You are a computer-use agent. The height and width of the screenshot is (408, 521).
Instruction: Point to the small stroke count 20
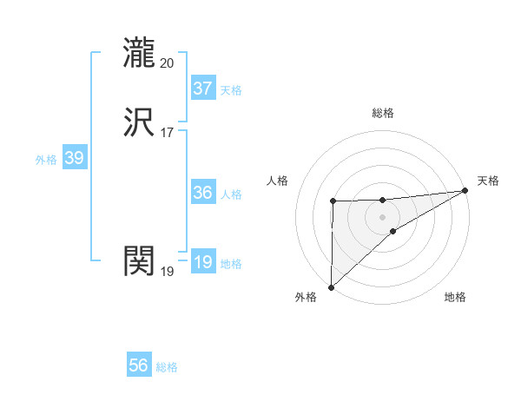point(168,63)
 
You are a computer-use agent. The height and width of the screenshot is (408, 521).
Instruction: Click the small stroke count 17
point(168,133)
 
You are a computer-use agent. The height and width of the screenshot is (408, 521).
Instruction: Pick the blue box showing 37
point(203,89)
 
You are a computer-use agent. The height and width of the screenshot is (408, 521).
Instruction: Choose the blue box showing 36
point(203,193)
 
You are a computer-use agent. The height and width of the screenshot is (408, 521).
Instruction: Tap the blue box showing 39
point(74,158)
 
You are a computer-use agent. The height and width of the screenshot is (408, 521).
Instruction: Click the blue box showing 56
point(139,365)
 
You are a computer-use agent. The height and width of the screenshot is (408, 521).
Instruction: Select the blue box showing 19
point(203,262)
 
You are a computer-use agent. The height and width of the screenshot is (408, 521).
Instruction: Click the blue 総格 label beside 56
point(167,367)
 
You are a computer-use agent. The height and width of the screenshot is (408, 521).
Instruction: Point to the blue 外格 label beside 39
point(46,160)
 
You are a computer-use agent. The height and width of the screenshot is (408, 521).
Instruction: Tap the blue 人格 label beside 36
point(231,194)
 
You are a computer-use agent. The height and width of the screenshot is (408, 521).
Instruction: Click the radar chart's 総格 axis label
point(383,113)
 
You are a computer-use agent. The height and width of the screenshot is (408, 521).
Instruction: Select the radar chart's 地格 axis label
point(455,298)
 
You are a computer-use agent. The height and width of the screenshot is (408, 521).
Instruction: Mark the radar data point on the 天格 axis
point(465,191)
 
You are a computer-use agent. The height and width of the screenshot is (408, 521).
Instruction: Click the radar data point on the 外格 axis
point(331,286)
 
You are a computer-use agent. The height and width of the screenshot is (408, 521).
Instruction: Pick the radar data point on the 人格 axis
point(333,201)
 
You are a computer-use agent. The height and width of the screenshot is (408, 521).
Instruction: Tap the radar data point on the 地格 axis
point(393,231)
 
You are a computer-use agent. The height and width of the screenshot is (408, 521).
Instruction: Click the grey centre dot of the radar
point(383,216)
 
